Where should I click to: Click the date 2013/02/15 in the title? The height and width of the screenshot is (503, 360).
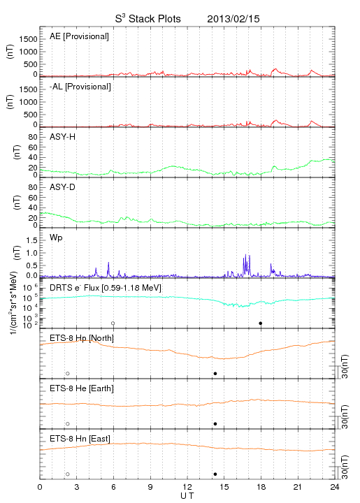(x=233, y=19)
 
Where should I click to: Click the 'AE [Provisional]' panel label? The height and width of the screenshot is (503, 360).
(x=79, y=36)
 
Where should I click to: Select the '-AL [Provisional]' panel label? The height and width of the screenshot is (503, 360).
(x=80, y=87)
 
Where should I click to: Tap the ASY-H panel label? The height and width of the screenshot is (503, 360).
(x=63, y=137)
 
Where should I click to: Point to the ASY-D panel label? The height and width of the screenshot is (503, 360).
(x=63, y=187)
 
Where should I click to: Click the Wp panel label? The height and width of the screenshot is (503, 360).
(x=56, y=238)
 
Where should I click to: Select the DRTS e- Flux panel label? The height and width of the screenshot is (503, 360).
(x=106, y=288)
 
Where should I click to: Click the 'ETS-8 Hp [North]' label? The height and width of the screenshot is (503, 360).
(x=82, y=338)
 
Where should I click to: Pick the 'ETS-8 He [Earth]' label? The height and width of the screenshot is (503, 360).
(x=82, y=388)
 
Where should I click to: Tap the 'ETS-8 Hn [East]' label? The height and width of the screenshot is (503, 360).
(x=80, y=439)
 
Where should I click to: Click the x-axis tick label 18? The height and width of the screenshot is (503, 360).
(x=261, y=487)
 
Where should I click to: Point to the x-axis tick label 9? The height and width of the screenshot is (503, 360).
(x=150, y=487)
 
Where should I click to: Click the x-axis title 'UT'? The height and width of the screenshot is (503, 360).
(x=187, y=496)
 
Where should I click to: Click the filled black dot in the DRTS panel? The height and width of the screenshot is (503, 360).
(x=261, y=323)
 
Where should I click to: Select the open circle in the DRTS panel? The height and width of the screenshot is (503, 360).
(x=113, y=323)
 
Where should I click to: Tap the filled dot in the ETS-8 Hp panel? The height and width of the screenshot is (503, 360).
(x=215, y=373)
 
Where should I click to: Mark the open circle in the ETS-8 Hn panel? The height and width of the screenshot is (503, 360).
(x=68, y=474)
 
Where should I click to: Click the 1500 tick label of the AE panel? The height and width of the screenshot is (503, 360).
(x=28, y=39)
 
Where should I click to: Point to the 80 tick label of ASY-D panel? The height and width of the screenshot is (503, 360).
(x=33, y=187)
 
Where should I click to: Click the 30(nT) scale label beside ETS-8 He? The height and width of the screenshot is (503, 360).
(x=345, y=417)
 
